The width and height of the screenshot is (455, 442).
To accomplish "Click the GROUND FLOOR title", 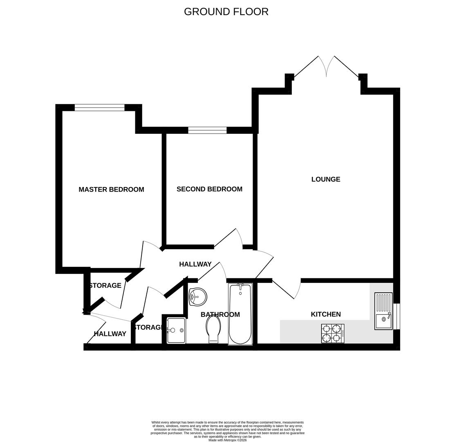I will (226, 11).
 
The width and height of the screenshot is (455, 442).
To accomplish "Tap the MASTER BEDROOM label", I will (111, 189).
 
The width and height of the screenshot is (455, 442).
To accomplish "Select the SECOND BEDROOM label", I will (209, 189).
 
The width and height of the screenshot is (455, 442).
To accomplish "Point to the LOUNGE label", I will (325, 179).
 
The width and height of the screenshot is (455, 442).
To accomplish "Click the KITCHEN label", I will (325, 314).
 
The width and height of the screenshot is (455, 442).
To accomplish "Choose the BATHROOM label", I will (220, 315).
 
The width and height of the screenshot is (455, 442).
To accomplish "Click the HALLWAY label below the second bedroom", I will (195, 264).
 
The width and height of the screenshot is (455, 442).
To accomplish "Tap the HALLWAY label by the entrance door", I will (110, 334).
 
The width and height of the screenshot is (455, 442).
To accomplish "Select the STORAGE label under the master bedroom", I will (105, 286).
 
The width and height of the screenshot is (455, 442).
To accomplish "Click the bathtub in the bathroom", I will (240, 314).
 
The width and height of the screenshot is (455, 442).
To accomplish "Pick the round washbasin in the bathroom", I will (198, 297).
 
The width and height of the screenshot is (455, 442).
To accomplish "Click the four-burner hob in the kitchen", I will (332, 333).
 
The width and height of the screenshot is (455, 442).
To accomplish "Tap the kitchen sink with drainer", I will (383, 311).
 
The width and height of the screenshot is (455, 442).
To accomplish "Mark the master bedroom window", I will (99, 108).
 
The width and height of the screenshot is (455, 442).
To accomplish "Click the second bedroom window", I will (207, 130).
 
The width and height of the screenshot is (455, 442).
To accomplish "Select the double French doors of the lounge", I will (326, 68).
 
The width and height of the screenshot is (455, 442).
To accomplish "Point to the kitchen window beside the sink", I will (397, 316).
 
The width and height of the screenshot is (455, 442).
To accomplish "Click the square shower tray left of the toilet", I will (176, 331).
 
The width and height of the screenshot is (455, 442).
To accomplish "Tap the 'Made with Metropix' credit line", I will (227, 440).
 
